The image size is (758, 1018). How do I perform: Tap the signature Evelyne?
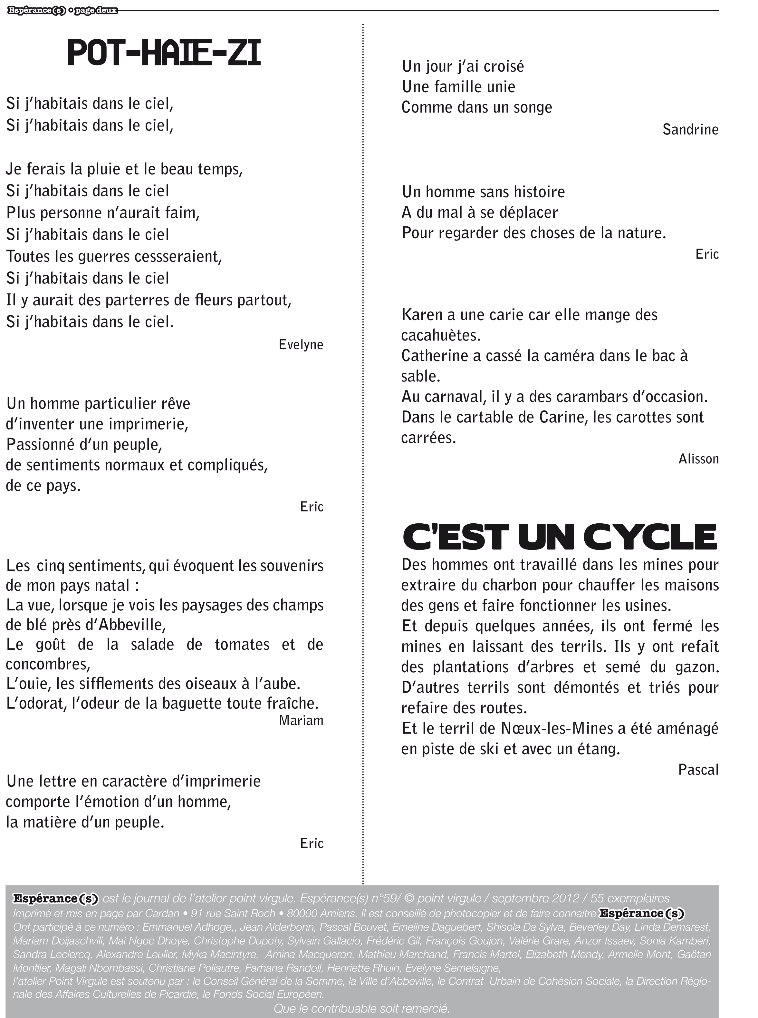click(x=301, y=344)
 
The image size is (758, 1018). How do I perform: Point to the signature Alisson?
click(x=698, y=459)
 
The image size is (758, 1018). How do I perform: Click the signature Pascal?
click(x=698, y=770)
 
